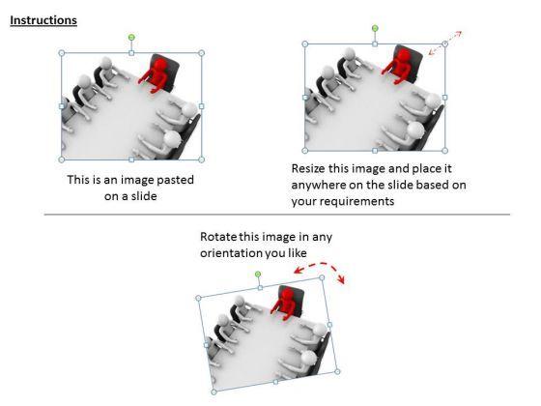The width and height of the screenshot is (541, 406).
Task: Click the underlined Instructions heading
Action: pyautogui.click(x=43, y=20)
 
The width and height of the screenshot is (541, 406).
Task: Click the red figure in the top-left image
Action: pyautogui.click(x=156, y=75)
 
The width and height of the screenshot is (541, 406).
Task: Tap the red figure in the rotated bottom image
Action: pyautogui.click(x=284, y=304)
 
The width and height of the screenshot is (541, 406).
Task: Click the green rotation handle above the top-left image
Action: pyautogui.click(x=131, y=37)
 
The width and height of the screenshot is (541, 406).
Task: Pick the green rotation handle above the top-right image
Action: pyautogui.click(x=375, y=28)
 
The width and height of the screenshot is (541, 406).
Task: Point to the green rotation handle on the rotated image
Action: pyautogui.click(x=258, y=275)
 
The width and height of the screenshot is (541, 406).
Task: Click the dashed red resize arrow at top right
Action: pyautogui.click(x=445, y=43)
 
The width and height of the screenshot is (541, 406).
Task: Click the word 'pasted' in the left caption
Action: pyautogui.click(x=175, y=180)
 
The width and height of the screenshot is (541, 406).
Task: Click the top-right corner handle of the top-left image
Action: pyautogui.click(x=202, y=53)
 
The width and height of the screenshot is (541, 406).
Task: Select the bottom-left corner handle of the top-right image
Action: pyautogui.click(x=304, y=151)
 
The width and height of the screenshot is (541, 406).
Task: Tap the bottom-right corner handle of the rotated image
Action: pyautogui.click(x=337, y=371)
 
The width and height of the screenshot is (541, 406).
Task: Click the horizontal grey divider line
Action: pyautogui.click(x=277, y=215)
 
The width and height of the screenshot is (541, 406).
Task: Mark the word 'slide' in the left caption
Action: pyautogui.click(x=144, y=196)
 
